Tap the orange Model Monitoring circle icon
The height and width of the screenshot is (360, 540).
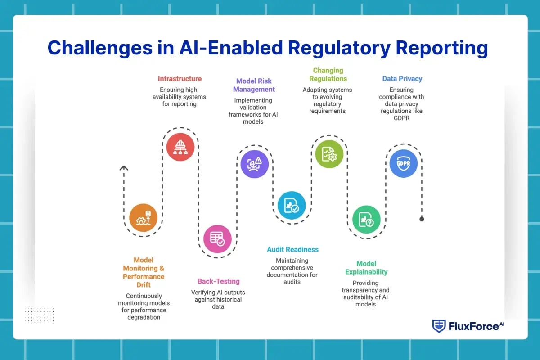point(143,218)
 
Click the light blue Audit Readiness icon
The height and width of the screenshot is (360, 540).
point(291,205)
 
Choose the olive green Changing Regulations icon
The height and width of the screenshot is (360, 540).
point(329,154)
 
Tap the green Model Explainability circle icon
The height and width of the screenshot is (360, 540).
point(366,220)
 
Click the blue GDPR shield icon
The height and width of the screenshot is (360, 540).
point(403,163)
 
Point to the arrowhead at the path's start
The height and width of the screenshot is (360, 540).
point(124,168)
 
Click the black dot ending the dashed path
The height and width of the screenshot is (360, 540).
point(422,219)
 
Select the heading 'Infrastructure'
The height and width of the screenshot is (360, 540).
point(180,79)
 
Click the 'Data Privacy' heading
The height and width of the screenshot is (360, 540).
point(402,79)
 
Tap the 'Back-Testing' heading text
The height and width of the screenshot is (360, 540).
point(219,281)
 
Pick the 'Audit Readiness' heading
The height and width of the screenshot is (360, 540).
point(292,249)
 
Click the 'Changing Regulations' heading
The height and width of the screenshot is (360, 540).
point(328,74)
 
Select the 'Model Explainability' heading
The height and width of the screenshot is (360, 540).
point(366,268)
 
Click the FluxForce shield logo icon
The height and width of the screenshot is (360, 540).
point(439,326)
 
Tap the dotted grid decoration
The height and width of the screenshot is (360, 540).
point(39,316)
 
